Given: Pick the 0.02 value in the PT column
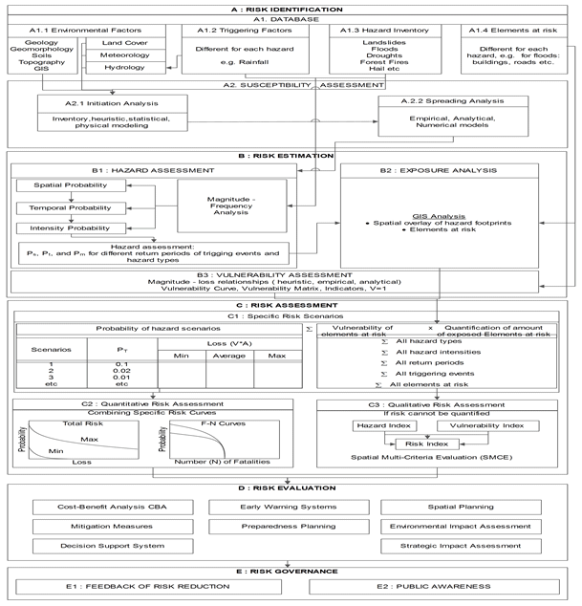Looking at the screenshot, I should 121,370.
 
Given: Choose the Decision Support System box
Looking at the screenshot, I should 102,546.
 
